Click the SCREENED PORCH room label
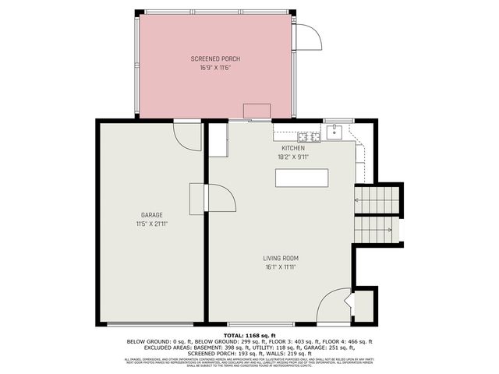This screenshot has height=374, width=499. point(215,59)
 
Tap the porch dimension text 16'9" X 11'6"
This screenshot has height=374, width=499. point(215,69)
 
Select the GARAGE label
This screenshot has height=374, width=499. point(151,214)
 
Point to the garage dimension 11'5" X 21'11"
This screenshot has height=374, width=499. point(151,224)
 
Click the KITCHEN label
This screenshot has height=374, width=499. point(293,148)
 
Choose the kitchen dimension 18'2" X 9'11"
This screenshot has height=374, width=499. point(293,157)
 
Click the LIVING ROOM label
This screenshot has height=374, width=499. point(281,258)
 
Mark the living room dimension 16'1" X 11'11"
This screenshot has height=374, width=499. point(281,267)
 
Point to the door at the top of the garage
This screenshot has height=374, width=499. point(187,136)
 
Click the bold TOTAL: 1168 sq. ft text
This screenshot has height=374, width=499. point(249,335)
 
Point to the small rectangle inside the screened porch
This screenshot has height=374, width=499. point(256,111)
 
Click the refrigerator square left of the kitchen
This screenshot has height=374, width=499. point(217,139)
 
